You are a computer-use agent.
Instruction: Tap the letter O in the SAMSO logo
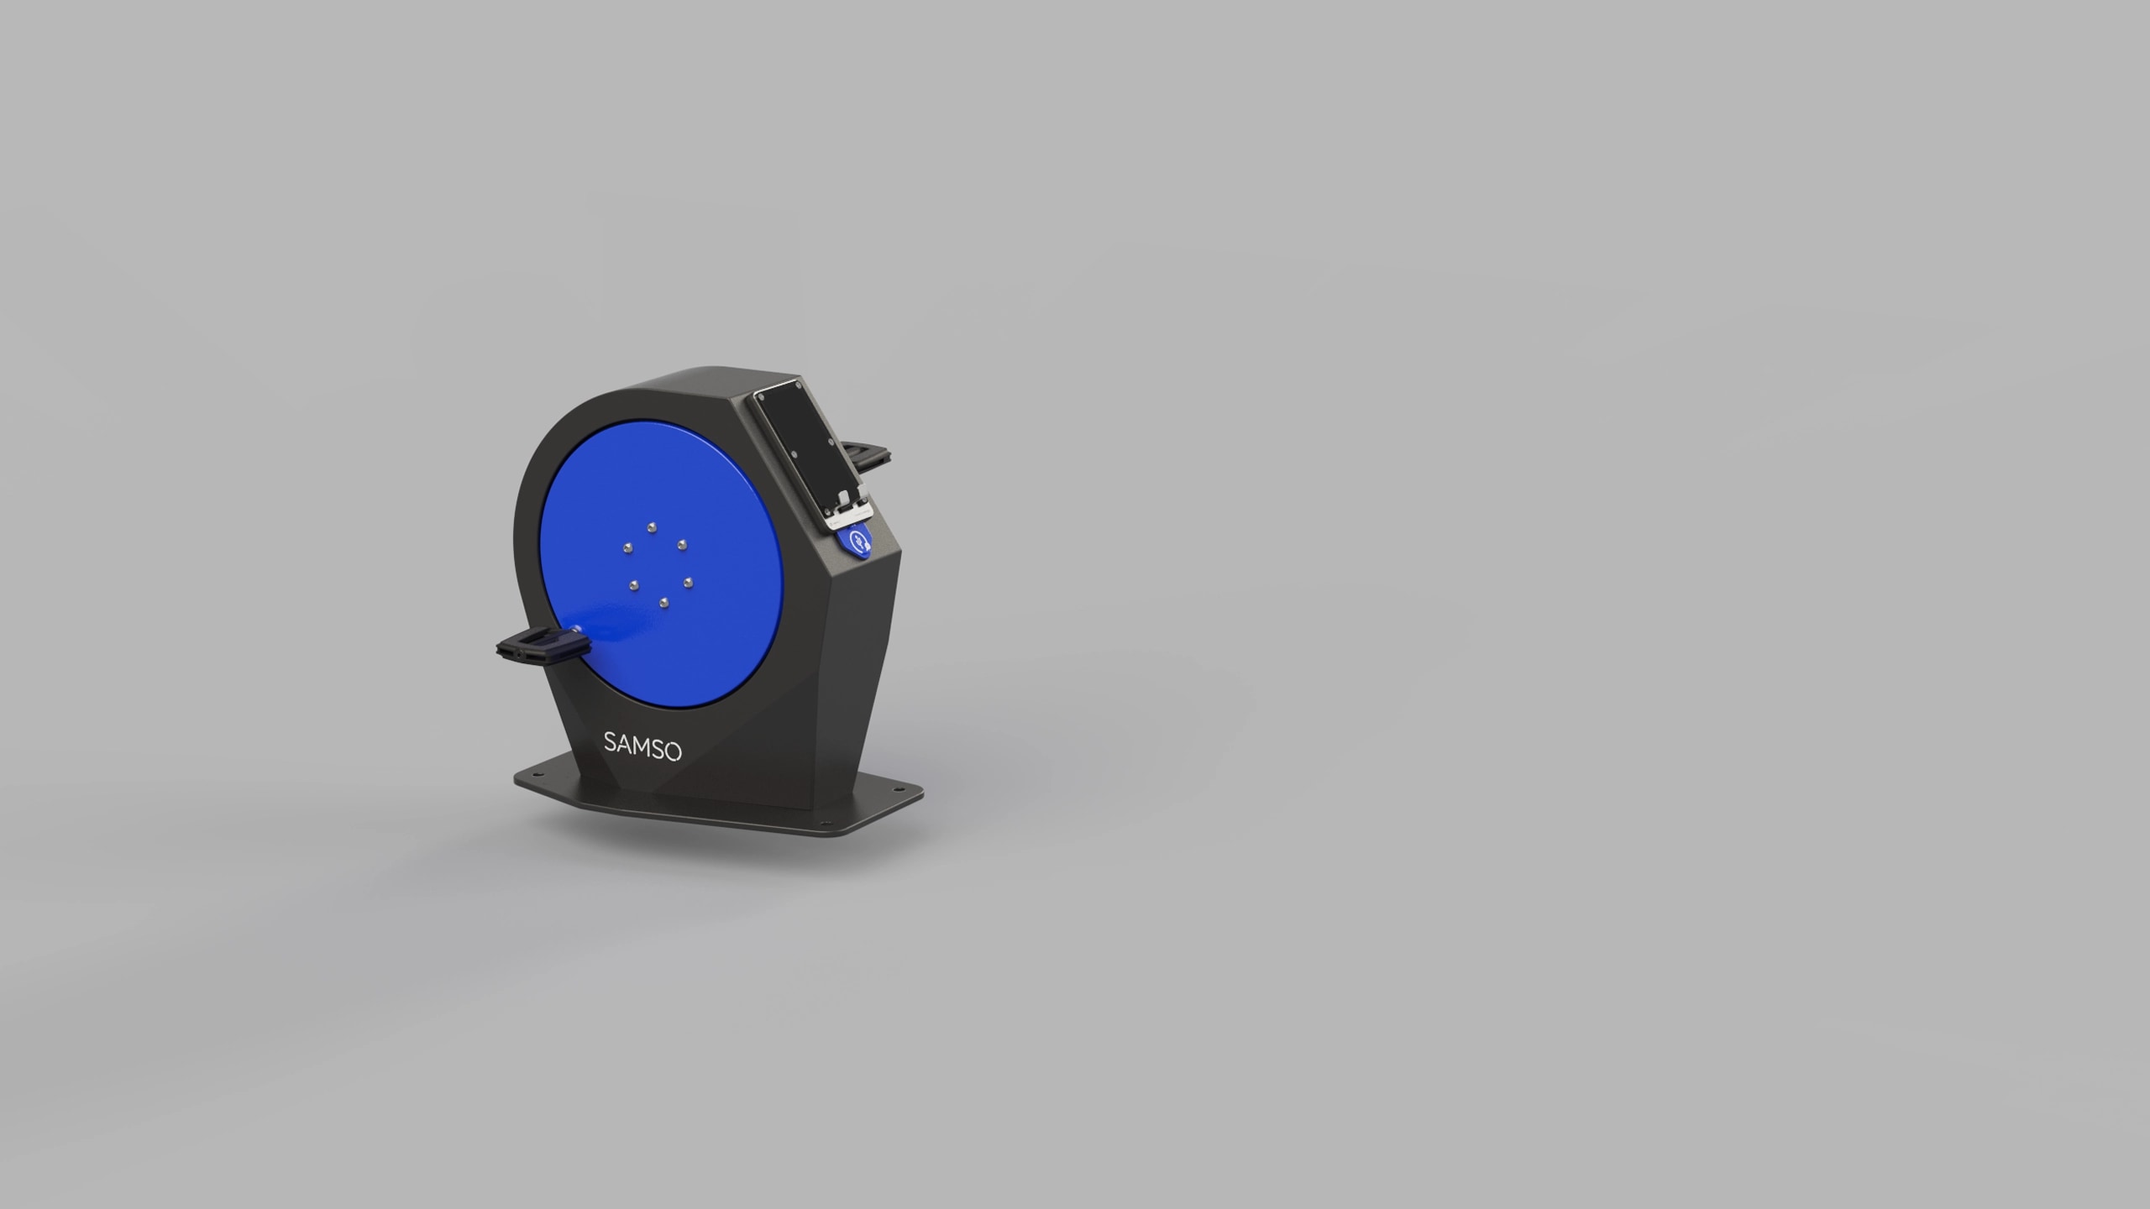click(x=673, y=751)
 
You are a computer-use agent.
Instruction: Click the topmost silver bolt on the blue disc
click(x=652, y=527)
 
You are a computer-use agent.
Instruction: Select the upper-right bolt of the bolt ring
click(x=682, y=544)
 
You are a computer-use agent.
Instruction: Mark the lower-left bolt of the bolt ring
click(x=634, y=584)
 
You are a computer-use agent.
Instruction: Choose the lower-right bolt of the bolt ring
click(x=687, y=581)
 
